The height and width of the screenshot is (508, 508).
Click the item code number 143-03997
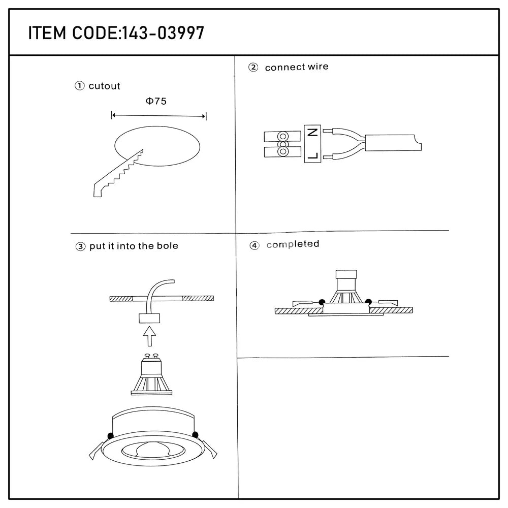(x=163, y=33)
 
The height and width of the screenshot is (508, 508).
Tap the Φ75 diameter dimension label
(x=156, y=101)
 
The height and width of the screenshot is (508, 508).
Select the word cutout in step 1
(x=104, y=86)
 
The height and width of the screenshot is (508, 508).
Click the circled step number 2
(x=253, y=68)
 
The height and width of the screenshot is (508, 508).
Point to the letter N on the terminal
(x=312, y=132)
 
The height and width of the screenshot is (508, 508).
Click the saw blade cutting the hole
(x=118, y=174)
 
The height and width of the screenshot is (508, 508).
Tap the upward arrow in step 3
(x=149, y=336)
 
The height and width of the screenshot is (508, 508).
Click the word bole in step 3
(x=168, y=246)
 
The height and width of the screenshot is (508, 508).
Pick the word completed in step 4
(x=293, y=244)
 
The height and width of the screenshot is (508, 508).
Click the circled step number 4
(x=255, y=245)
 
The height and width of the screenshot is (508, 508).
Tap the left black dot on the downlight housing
(x=110, y=436)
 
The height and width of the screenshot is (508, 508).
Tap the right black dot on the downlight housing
(x=195, y=435)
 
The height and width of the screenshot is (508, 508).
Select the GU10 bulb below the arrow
(x=151, y=374)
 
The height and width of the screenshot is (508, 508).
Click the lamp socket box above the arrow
(x=149, y=318)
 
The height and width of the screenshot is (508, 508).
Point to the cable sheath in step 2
(x=393, y=143)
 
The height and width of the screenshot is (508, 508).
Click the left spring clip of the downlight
(x=97, y=451)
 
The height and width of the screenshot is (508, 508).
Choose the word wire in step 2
(x=318, y=67)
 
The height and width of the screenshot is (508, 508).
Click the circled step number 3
(x=80, y=247)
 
